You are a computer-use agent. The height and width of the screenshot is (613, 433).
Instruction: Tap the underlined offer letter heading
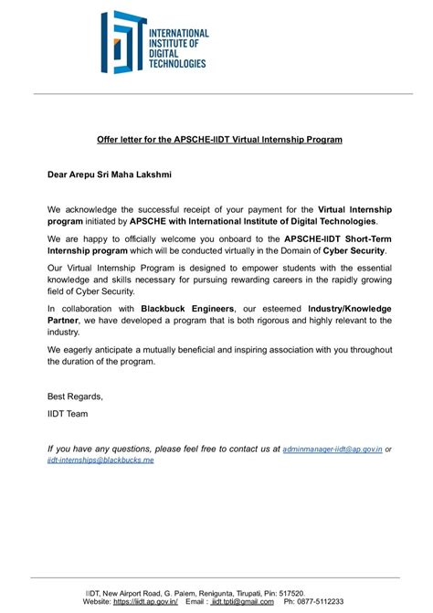coord(219,140)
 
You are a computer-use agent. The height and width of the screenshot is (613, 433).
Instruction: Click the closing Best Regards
coord(75,396)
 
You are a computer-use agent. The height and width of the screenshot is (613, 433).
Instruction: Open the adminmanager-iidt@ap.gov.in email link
coord(333,449)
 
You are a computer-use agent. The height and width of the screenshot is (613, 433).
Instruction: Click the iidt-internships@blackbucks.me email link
coord(100,461)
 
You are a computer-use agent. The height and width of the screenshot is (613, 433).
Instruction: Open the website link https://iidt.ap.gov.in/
coord(144,602)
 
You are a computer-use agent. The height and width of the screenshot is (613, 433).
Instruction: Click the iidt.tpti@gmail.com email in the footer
coord(243,602)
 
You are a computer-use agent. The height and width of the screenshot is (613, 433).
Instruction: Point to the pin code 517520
coord(290,593)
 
